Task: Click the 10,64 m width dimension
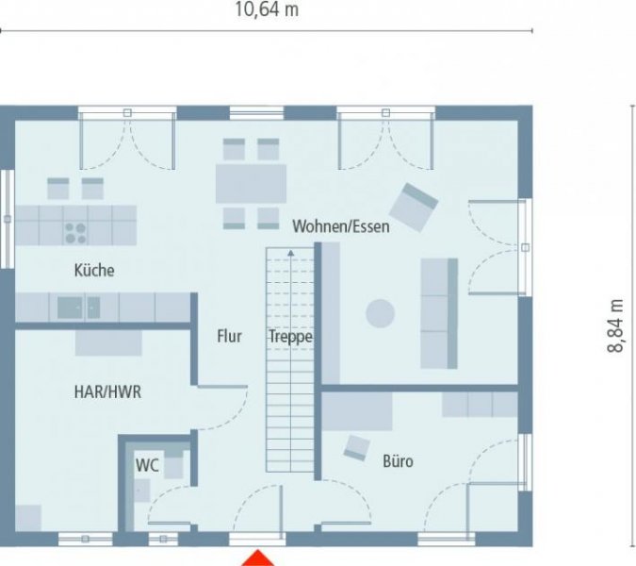pos(267,10)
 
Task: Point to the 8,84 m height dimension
pos(615,325)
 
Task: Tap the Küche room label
pos(94,271)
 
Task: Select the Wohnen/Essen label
pos(341,226)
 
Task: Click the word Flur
pos(229,336)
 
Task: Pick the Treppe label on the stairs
pos(290,336)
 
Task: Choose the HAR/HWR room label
pos(107,391)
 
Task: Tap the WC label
pos(147,464)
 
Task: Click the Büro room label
pos(398,462)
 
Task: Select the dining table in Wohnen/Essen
pos(251,184)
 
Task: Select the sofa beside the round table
pos(438,312)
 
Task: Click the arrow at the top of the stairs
pos(291,254)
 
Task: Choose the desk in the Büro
pos(357,411)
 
